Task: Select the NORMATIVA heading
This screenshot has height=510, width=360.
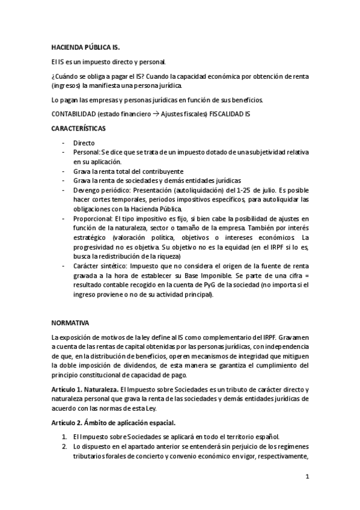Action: point(69,322)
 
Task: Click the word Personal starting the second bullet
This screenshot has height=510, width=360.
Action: point(86,153)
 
